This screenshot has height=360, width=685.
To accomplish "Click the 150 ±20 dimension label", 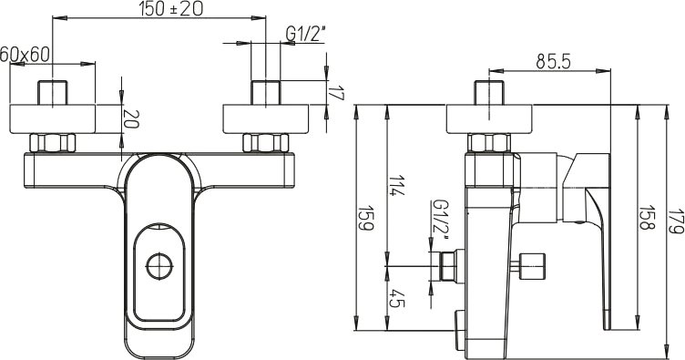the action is click(171, 9).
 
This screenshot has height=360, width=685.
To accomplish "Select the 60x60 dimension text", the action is click(25, 55).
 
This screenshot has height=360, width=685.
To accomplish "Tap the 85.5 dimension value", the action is click(554, 62).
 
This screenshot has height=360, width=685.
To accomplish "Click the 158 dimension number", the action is click(648, 218).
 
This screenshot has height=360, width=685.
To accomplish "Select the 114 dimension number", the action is click(396, 186).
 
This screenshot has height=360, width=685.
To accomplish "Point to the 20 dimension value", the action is click(131, 118).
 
